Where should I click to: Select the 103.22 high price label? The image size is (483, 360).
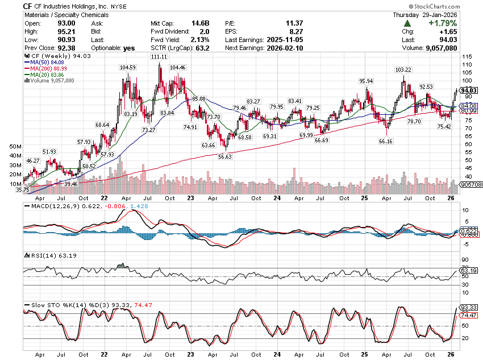[x=402, y=69]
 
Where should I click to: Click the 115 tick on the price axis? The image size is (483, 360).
[x=468, y=57]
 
